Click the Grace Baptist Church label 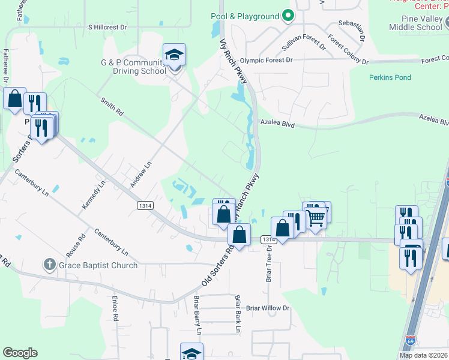coord(98,265)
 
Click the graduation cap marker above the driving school coord(174,55)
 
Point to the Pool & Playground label coord(245,16)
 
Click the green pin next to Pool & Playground coord(288,16)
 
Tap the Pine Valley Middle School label coord(415,23)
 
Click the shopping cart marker coord(316,218)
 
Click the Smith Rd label coord(112,107)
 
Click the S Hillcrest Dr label coord(108,28)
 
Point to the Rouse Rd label coord(78,244)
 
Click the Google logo coord(20,353)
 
